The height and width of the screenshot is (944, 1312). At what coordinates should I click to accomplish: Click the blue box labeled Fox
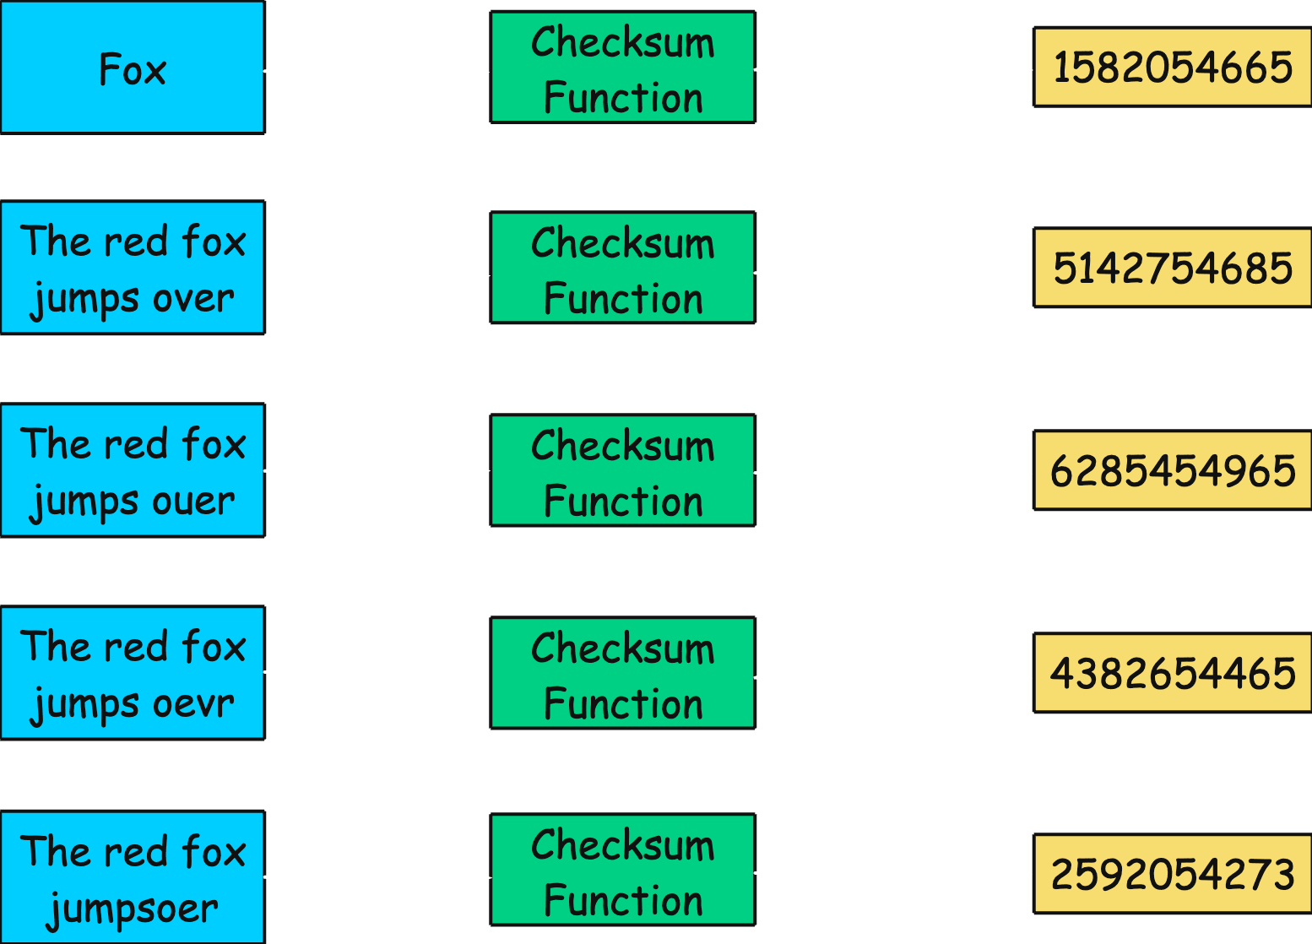(x=133, y=68)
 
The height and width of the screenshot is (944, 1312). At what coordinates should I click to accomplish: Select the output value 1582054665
(x=1172, y=68)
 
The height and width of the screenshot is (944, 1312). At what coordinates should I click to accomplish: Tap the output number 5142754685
(x=1172, y=268)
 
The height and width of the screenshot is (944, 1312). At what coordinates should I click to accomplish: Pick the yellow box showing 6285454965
(x=1172, y=470)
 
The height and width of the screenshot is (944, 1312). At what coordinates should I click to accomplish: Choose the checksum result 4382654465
(x=1172, y=673)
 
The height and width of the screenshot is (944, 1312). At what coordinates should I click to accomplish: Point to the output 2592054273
(x=1172, y=874)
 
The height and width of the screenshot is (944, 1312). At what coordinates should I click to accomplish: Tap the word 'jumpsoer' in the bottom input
(x=133, y=909)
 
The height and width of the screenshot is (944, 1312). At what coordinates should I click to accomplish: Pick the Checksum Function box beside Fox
(x=623, y=68)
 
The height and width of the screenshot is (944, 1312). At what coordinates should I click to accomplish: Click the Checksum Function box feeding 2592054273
(x=623, y=871)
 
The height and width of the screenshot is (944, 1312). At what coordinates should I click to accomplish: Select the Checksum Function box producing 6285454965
(x=623, y=471)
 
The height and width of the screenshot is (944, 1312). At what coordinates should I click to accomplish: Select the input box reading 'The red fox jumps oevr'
(x=133, y=673)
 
